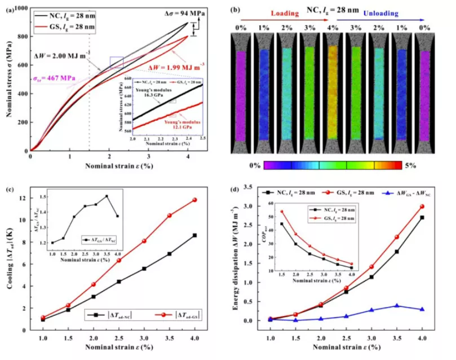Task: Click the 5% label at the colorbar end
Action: click(x=410, y=165)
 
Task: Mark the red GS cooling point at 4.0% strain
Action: click(x=194, y=200)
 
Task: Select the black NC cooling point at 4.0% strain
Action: click(x=194, y=235)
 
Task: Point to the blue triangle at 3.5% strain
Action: click(x=397, y=306)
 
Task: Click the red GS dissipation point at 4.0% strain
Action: click(x=422, y=207)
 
